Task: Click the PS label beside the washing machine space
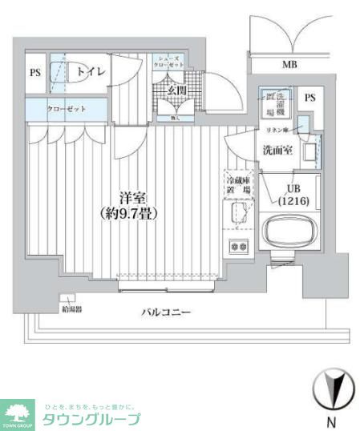point(309,98)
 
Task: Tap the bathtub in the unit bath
point(290,236)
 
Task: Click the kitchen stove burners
point(239,246)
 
